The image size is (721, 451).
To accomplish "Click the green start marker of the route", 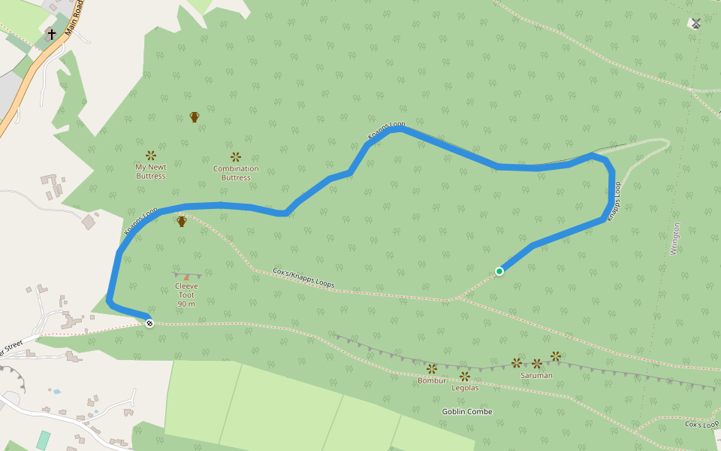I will pyautogui.click(x=499, y=271).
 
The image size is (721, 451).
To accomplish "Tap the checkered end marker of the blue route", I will pyautogui.click(x=149, y=323).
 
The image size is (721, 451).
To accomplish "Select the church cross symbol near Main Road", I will pyautogui.click(x=51, y=35).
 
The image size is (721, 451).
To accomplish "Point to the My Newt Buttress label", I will pyautogui.click(x=150, y=171).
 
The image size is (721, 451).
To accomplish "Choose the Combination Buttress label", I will pyautogui.click(x=236, y=173).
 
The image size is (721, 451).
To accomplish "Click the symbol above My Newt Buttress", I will pyautogui.click(x=151, y=156).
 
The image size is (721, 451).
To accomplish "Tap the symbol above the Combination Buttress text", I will pyautogui.click(x=236, y=157).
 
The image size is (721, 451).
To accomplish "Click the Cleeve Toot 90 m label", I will pyautogui.click(x=186, y=295).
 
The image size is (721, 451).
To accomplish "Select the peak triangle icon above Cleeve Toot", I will pyautogui.click(x=186, y=277).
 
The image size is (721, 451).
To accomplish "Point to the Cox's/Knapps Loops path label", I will pyautogui.click(x=303, y=277).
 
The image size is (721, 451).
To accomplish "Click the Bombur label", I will pyautogui.click(x=432, y=380).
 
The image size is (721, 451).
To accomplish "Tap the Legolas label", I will pyautogui.click(x=465, y=388).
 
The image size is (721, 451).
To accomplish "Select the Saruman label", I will pyautogui.click(x=536, y=375).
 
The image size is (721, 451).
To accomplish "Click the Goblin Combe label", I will pyautogui.click(x=467, y=412).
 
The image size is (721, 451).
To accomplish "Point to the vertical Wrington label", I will pyautogui.click(x=675, y=239).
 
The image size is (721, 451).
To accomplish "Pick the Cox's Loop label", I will pyautogui.click(x=701, y=424).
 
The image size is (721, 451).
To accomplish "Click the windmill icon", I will pyautogui.click(x=695, y=23).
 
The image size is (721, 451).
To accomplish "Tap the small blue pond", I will pyautogui.click(x=56, y=392).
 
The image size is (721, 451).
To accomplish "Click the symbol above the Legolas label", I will pyautogui.click(x=465, y=376).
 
